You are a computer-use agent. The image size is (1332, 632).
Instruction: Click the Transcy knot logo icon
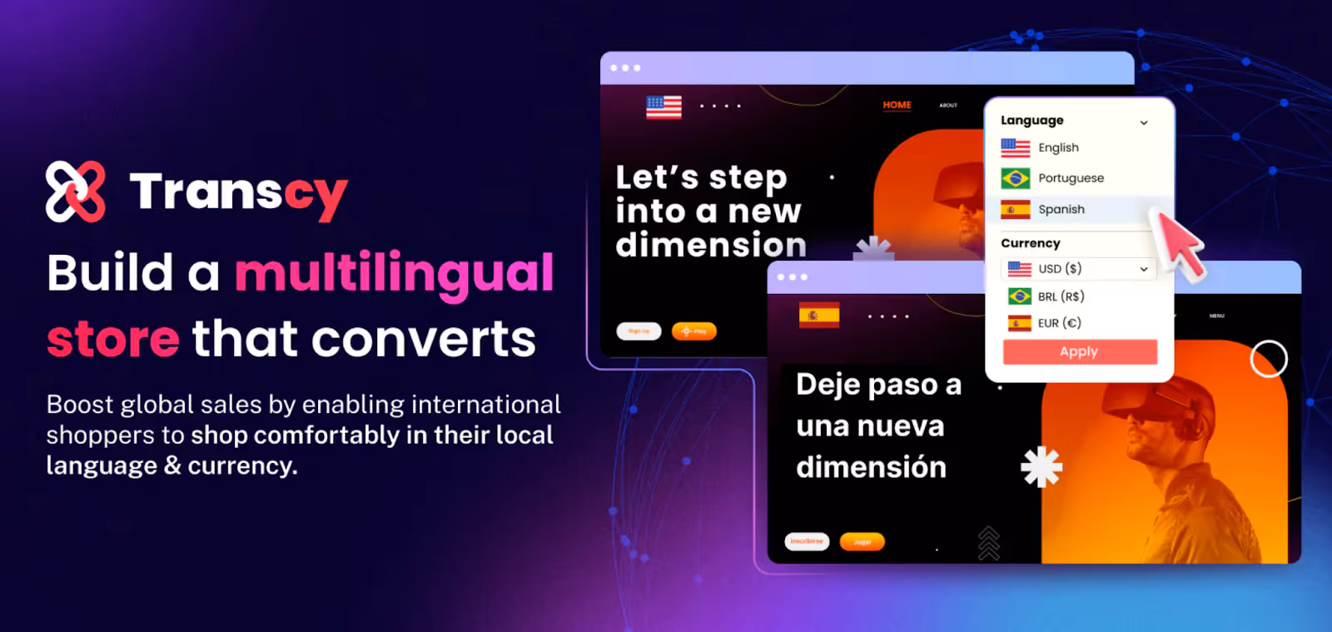coord(76,192)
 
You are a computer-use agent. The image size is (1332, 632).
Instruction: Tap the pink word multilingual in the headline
coord(394,274)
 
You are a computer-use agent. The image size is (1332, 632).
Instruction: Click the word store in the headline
coord(113,340)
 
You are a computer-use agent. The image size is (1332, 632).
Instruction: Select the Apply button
coord(1080,352)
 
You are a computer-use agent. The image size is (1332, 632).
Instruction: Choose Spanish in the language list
coord(1061,210)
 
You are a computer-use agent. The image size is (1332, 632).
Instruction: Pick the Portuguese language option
coord(1070,178)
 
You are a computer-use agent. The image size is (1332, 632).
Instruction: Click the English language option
coord(1057,147)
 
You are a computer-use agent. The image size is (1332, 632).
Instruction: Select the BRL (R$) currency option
coord(1060,296)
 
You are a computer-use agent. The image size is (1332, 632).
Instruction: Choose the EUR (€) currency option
coord(1058,323)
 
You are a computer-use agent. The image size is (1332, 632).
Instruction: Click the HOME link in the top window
coord(897,105)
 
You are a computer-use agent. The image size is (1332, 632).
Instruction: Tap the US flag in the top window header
coord(664,107)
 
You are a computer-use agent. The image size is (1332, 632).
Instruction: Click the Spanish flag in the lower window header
coord(819,316)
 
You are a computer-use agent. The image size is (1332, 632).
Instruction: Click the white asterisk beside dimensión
coord(1041,467)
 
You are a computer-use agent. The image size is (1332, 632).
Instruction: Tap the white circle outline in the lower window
coord(1269,359)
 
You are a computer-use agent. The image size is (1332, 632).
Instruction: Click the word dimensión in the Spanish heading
coord(871,468)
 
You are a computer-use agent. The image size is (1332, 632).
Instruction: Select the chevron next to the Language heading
coord(1144,122)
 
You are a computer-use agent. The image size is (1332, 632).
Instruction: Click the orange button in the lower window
coord(862,542)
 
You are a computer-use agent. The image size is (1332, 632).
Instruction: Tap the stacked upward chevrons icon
coord(988,543)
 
